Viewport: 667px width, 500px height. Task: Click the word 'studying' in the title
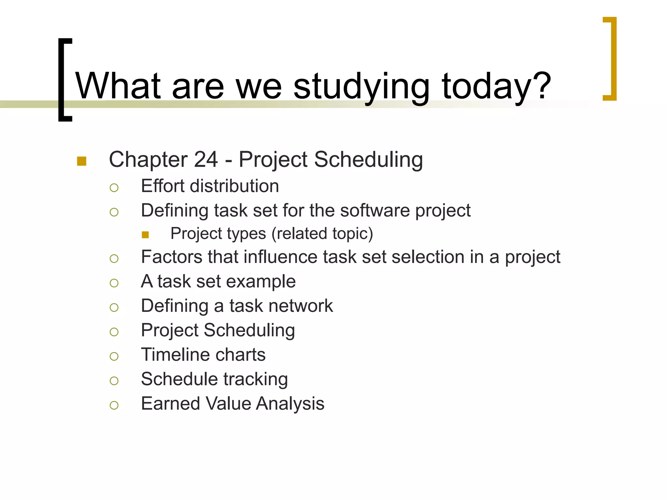362,87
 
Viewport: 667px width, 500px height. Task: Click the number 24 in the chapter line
206,160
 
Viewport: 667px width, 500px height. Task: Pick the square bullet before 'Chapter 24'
82,161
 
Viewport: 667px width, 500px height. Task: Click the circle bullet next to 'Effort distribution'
114,188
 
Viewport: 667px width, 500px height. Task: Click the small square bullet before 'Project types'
145,235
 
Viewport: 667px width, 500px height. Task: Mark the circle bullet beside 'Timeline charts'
114,356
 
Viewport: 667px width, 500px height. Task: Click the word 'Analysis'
290,404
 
